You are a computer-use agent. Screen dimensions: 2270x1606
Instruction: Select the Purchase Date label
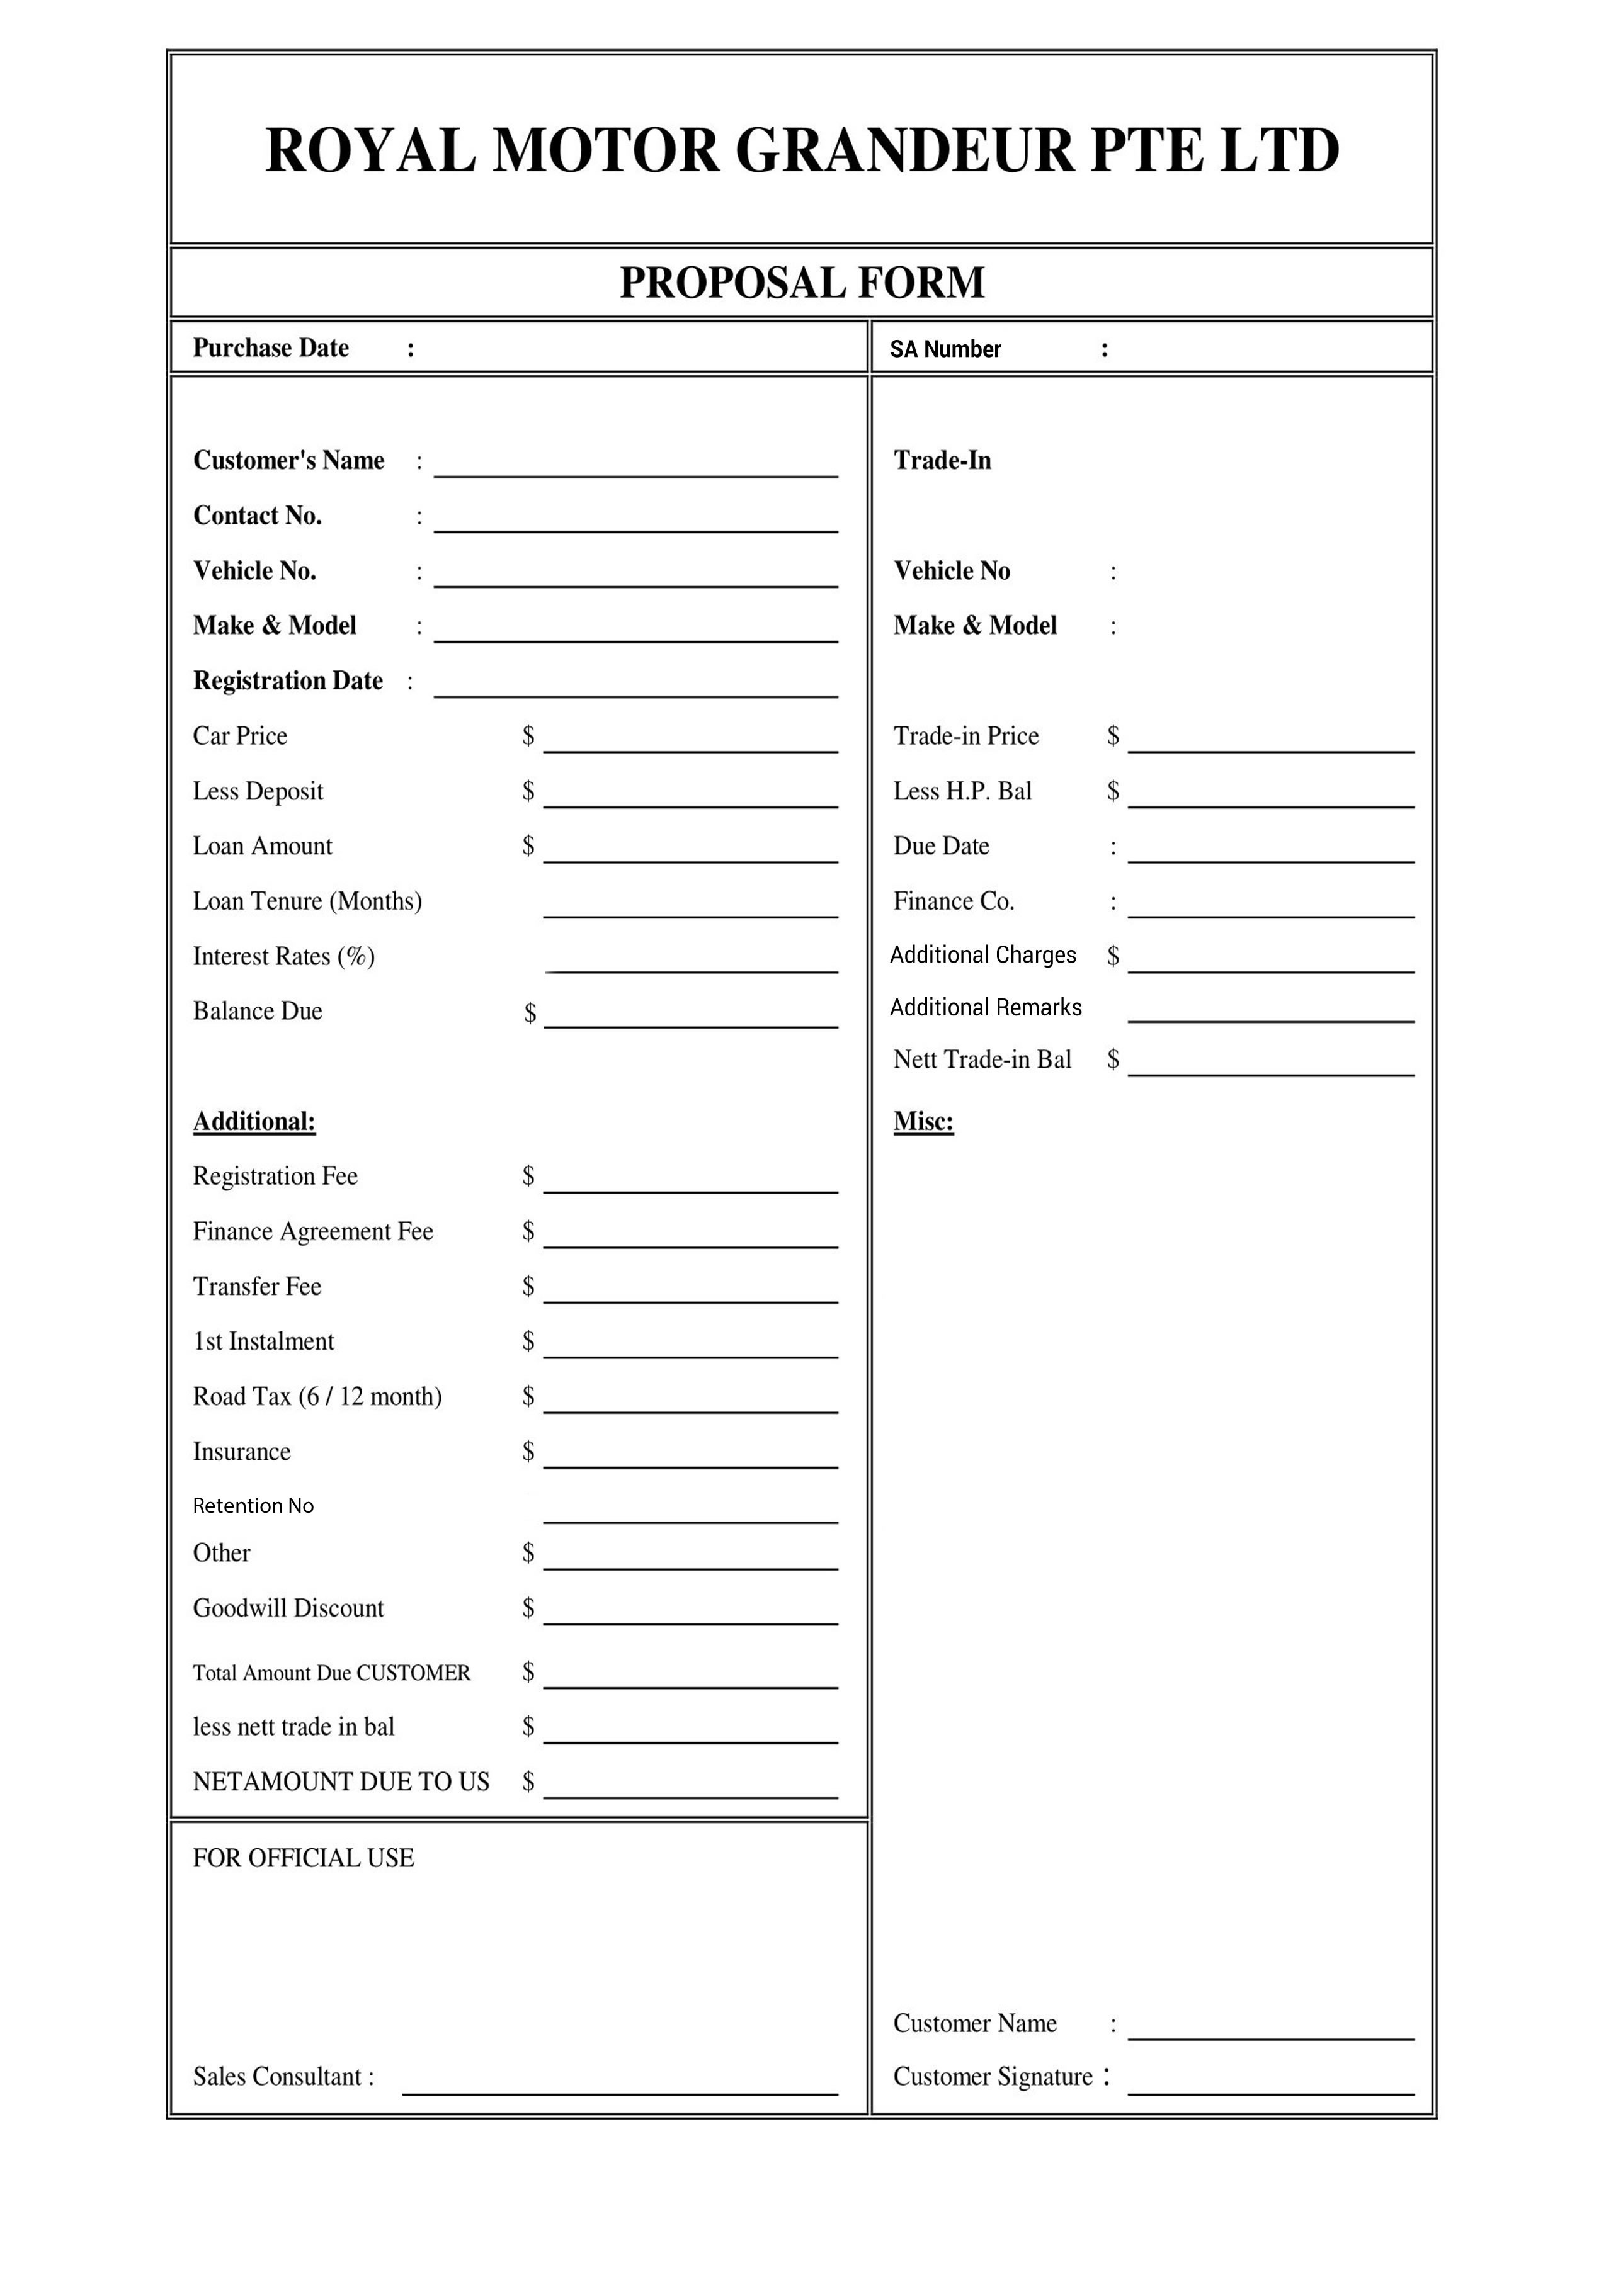tap(270, 348)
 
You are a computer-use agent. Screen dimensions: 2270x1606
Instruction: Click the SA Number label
tap(945, 349)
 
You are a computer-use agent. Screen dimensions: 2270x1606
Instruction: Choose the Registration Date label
tap(288, 681)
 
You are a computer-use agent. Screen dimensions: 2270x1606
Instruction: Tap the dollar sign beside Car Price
tap(528, 735)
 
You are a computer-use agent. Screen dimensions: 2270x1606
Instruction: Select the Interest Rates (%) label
tap(284, 957)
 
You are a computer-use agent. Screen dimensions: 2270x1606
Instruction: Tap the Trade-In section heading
tap(942, 461)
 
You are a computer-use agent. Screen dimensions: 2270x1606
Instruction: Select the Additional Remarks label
tap(985, 1007)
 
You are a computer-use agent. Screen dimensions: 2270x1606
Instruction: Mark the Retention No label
tap(253, 1506)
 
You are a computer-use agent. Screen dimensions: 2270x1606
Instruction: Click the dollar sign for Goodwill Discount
tap(528, 1608)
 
